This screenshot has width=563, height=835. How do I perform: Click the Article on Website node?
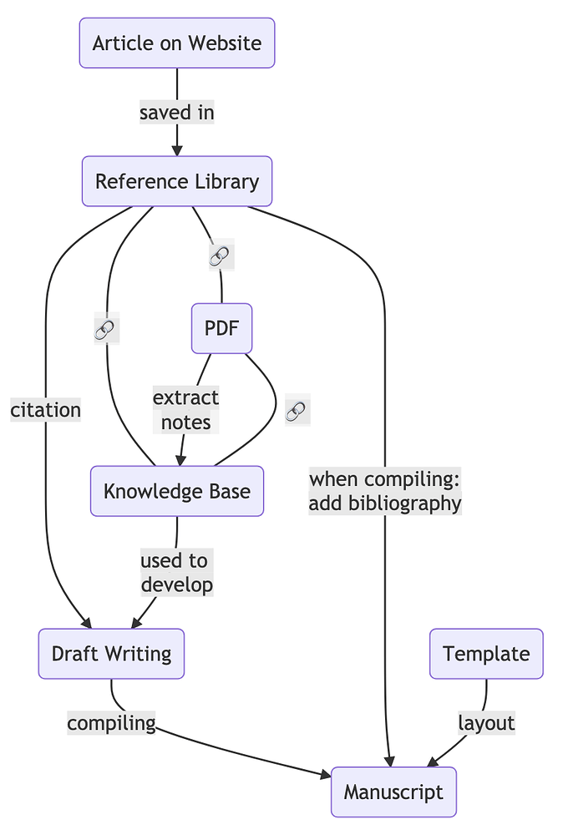tap(176, 43)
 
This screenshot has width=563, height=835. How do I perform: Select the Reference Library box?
tap(176, 181)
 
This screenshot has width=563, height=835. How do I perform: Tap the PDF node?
tap(221, 328)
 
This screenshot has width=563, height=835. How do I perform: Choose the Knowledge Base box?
tap(176, 491)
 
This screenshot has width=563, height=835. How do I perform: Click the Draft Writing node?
tap(111, 654)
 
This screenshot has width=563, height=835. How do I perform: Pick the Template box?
tap(486, 654)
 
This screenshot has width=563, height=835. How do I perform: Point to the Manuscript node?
tap(393, 792)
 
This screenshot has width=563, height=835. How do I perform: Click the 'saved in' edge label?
tap(176, 112)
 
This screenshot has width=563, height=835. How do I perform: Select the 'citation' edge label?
tap(46, 410)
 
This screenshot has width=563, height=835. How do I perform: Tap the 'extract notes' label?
tap(185, 410)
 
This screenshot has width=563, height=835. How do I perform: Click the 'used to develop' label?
tap(176, 573)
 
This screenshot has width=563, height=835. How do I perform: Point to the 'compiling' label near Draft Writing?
tap(111, 722)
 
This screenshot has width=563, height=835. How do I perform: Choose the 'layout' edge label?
tap(486, 722)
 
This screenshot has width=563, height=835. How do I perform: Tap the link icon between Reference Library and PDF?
tap(221, 257)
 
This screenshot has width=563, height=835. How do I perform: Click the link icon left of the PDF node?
tap(106, 331)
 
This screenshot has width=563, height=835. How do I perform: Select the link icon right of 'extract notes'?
tap(297, 410)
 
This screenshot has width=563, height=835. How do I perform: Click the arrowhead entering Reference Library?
tap(176, 150)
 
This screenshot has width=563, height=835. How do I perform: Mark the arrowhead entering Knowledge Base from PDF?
tap(179, 460)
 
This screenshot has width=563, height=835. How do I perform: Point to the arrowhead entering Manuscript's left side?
tap(326, 776)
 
